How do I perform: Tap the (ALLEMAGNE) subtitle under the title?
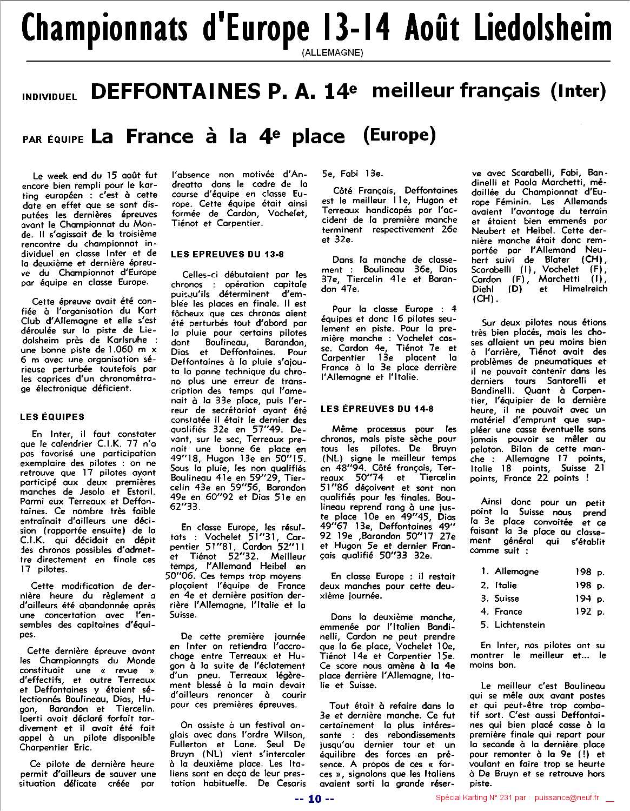click(333, 52)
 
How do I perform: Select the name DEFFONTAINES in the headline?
click(173, 91)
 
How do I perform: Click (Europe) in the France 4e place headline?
click(399, 134)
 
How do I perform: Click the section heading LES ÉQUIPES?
click(52, 417)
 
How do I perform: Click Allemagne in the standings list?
click(517, 571)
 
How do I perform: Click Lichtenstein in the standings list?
click(520, 624)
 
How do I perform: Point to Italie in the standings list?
click(506, 585)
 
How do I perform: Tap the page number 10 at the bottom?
click(315, 798)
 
